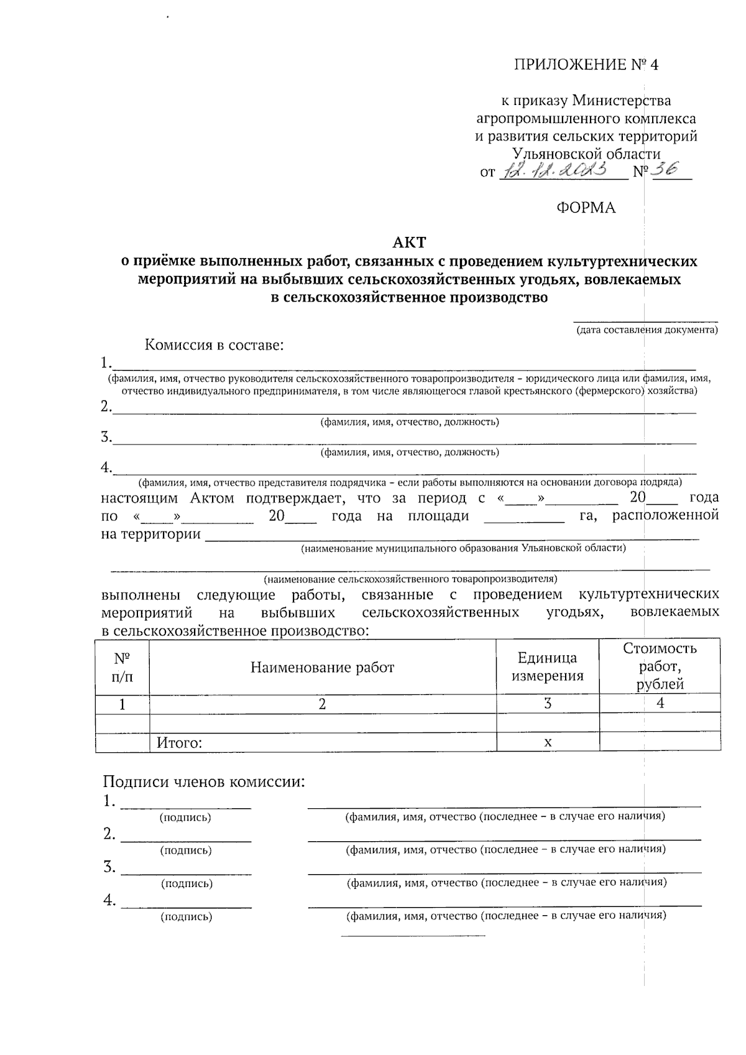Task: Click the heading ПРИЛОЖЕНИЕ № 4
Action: click(x=585, y=65)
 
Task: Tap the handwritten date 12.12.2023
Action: click(x=560, y=170)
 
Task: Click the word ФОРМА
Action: click(x=586, y=208)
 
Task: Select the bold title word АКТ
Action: click(x=409, y=242)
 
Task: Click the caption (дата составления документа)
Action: click(x=647, y=330)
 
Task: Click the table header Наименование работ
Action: click(x=322, y=667)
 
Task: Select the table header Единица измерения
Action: click(x=547, y=666)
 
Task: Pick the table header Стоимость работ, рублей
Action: click(x=660, y=666)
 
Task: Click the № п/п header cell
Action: click(x=122, y=667)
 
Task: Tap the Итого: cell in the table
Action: click(x=180, y=742)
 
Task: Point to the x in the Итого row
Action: click(x=548, y=742)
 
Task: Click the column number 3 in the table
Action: click(x=548, y=704)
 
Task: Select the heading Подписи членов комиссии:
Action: click(x=204, y=781)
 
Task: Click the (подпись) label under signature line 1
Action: click(x=185, y=818)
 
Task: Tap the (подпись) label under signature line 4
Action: click(x=186, y=916)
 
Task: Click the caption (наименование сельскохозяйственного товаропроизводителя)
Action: click(x=410, y=579)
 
